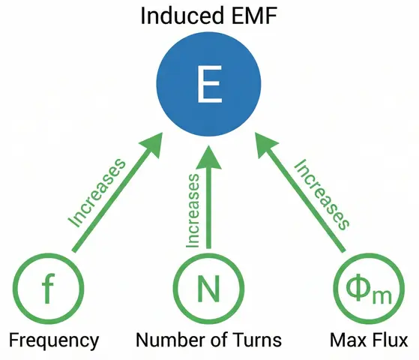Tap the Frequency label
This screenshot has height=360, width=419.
point(54,340)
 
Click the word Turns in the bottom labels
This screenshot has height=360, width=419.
point(257,340)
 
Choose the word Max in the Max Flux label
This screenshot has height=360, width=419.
point(346,340)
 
